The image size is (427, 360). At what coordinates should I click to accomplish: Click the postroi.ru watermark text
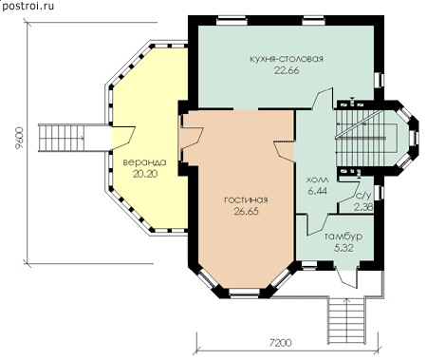click(28, 6)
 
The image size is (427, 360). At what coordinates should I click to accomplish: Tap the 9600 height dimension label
click(19, 139)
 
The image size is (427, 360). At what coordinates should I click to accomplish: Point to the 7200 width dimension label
click(281, 343)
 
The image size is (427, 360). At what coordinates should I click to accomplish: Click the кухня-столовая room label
click(287, 59)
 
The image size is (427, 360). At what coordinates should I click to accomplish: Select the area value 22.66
click(287, 70)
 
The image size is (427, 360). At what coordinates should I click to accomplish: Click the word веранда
click(144, 162)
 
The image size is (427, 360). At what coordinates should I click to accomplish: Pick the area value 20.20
click(145, 174)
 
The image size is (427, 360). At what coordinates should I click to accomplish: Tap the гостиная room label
click(246, 200)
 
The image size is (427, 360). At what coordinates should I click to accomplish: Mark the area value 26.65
click(246, 211)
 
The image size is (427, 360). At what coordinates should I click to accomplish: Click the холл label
click(317, 180)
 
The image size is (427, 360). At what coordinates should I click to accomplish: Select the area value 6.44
click(317, 191)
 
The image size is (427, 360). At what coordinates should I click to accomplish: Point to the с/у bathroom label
click(363, 196)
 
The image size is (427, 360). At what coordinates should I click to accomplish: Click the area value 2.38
click(363, 207)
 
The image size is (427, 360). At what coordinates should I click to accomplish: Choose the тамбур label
click(343, 237)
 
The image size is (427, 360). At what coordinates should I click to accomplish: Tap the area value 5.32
click(343, 248)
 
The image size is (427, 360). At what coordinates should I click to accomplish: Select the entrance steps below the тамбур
click(347, 321)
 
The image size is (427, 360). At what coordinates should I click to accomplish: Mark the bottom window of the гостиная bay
click(245, 293)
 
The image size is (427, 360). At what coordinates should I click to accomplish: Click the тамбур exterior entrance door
click(346, 278)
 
